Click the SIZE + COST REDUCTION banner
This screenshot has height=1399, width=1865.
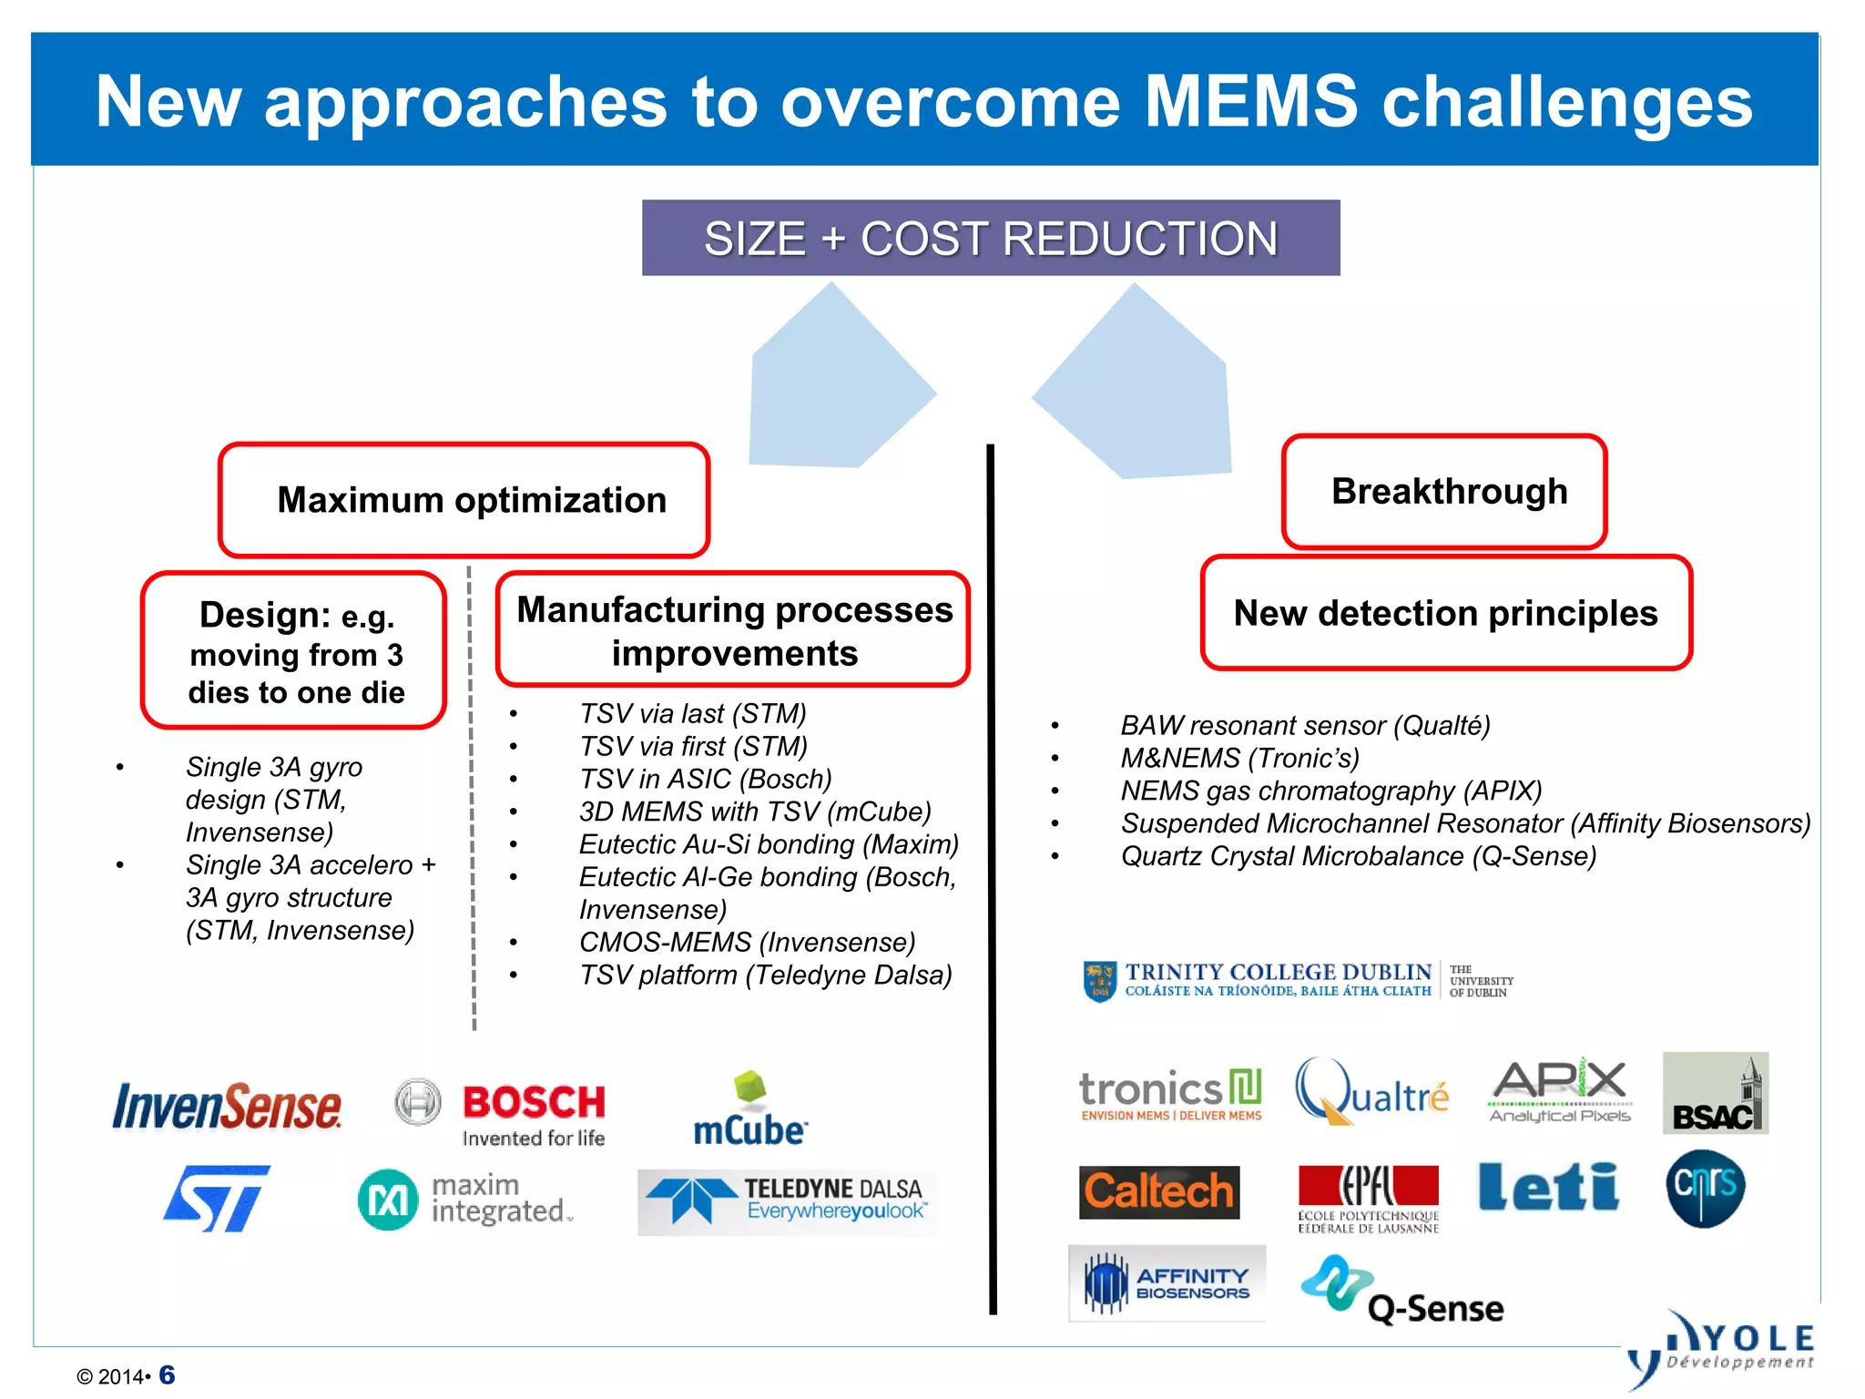pos(990,238)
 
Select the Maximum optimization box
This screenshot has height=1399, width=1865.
pos(464,500)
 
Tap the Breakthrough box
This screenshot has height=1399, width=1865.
pos(1444,492)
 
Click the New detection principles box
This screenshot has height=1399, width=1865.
pos(1445,613)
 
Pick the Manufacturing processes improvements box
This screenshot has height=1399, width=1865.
pos(733,630)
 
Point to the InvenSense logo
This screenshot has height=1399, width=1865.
pos(227,1106)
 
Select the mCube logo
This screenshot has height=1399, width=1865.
pos(749,1110)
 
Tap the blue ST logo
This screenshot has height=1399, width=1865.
pos(217,1198)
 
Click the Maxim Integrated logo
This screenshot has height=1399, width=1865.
pos(465,1200)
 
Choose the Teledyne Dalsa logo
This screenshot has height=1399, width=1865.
pos(787,1201)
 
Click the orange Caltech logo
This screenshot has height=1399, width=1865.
pos(1158,1191)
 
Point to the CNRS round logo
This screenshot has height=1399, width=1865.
pos(1705,1188)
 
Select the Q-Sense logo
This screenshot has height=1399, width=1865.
pos(1402,1292)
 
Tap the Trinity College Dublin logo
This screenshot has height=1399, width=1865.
pos(1297,980)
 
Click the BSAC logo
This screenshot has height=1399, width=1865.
pos(1715,1094)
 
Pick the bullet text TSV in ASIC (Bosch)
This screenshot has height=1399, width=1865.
pos(705,779)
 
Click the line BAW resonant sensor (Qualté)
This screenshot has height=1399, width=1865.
pos(1304,725)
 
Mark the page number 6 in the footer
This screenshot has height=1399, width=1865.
pos(167,1374)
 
